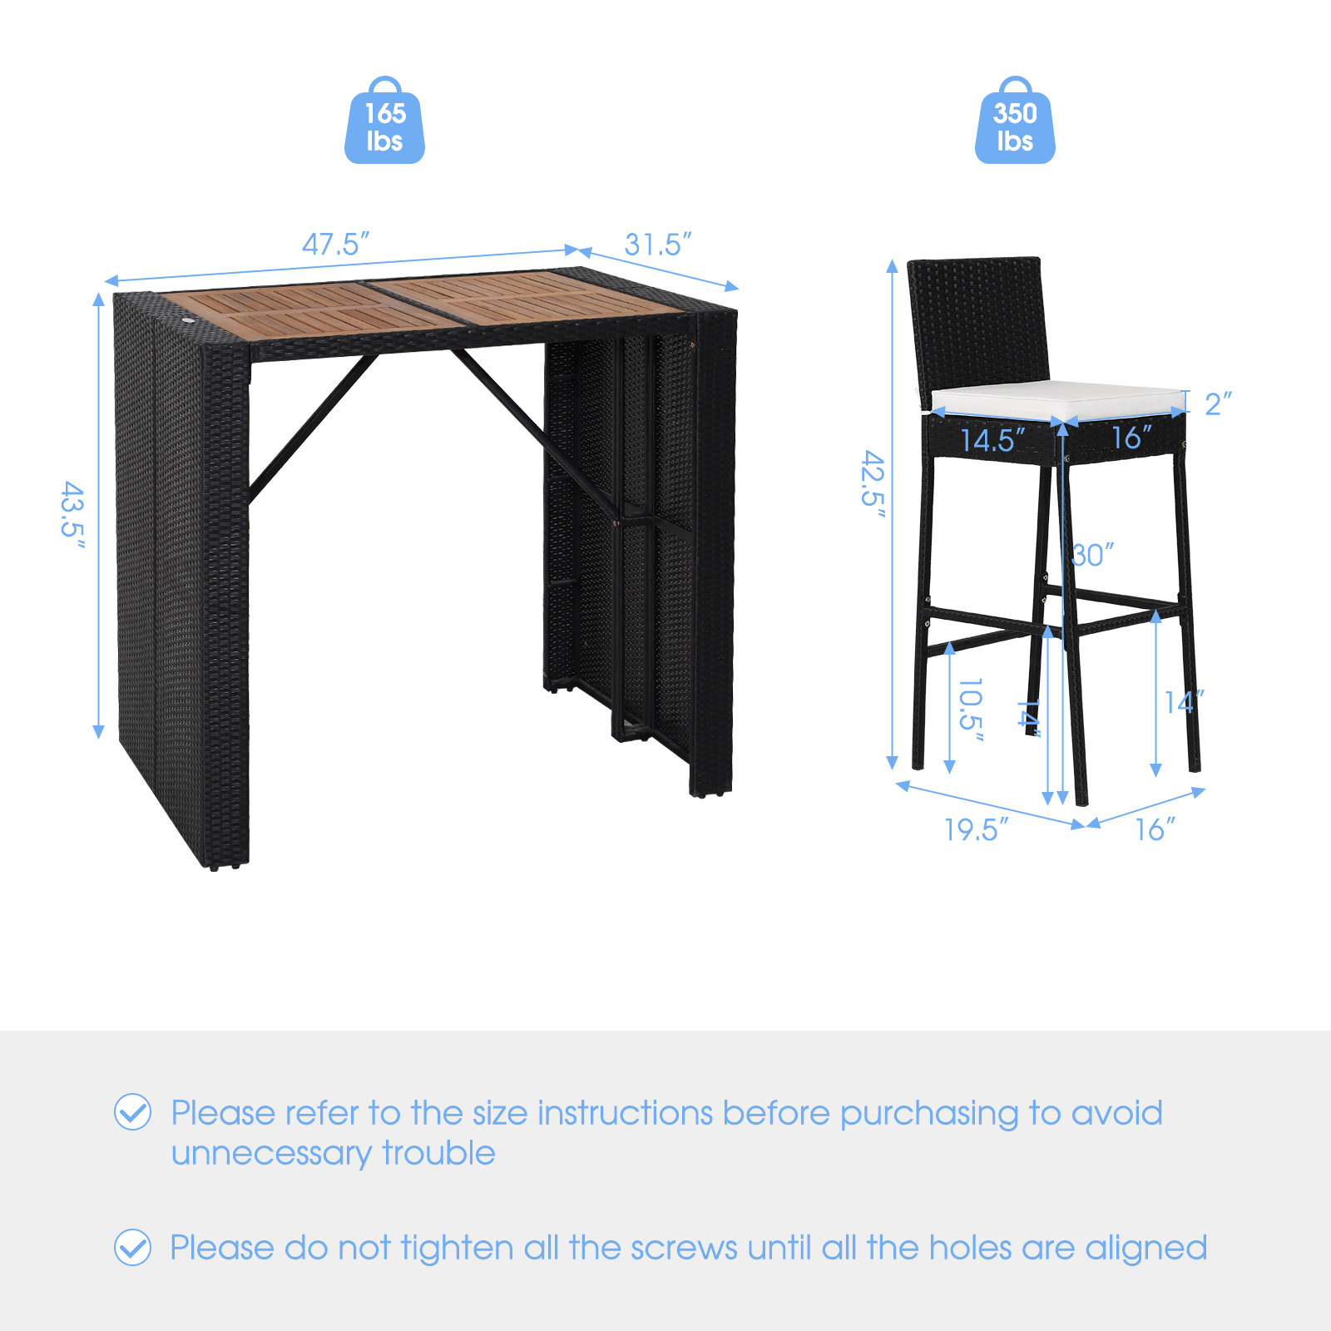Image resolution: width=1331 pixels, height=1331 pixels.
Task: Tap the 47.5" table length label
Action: point(335,244)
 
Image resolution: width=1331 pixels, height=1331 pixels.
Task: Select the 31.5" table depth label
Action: point(658,245)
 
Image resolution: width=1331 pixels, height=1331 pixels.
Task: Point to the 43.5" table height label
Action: point(73,515)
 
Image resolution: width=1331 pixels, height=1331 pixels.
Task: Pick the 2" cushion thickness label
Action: point(1218,403)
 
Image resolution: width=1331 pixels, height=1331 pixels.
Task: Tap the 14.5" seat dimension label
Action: point(993,440)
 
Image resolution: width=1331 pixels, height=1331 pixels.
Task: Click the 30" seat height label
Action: point(1092,555)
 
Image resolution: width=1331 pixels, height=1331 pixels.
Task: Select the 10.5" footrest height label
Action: point(971,710)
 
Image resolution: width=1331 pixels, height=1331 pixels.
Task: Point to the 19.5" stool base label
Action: point(977,829)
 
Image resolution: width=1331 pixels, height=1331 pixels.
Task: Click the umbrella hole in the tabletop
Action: point(188,320)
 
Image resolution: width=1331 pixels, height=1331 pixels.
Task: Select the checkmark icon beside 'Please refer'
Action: point(132,1112)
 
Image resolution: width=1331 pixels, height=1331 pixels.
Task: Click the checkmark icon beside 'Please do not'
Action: point(132,1247)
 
